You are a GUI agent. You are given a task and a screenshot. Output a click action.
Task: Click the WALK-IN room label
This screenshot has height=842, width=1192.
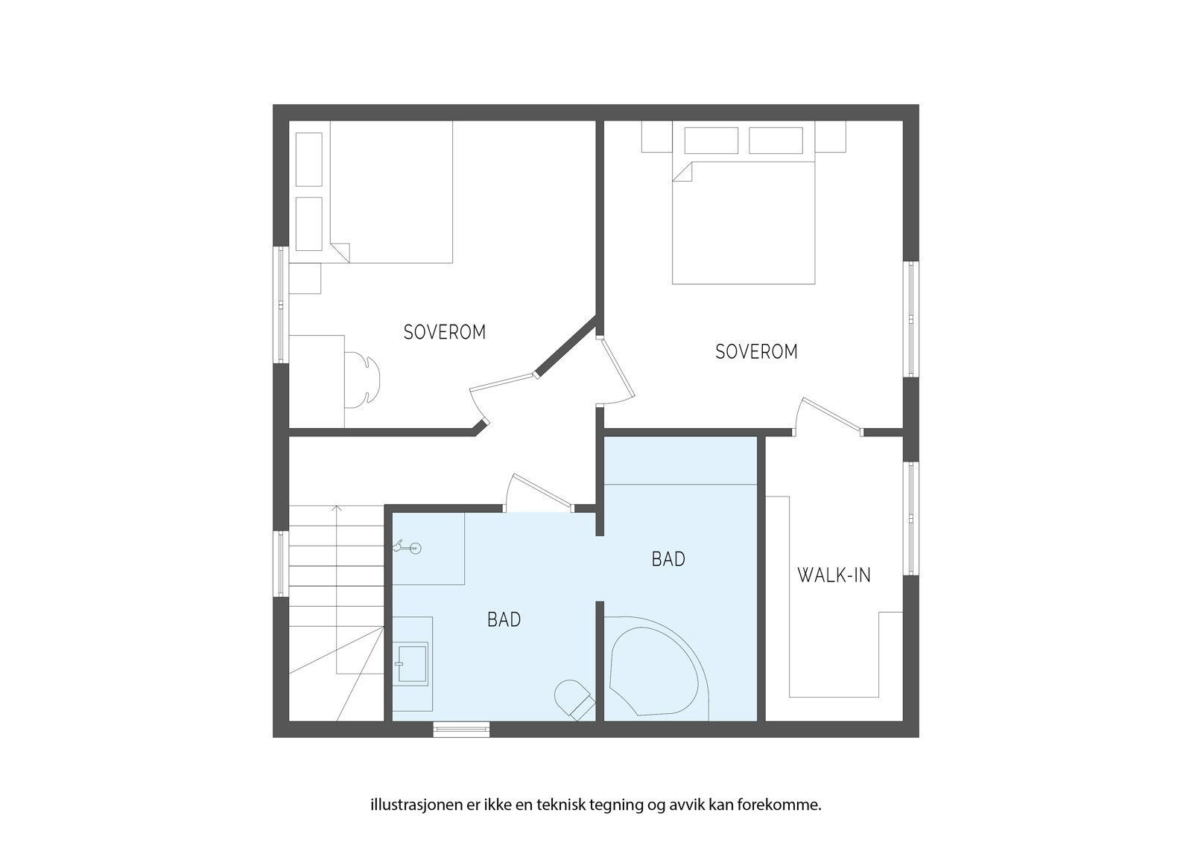[834, 575]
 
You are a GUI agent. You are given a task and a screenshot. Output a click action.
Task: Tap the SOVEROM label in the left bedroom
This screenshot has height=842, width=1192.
[444, 332]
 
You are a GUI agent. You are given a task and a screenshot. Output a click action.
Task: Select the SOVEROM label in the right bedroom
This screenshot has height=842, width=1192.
[756, 351]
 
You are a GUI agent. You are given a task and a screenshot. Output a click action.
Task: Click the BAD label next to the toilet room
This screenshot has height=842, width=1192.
[504, 619]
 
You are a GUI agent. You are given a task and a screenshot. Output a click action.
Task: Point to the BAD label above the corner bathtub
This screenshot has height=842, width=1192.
[668, 559]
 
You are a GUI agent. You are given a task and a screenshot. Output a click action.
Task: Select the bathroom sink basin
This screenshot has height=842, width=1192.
[412, 663]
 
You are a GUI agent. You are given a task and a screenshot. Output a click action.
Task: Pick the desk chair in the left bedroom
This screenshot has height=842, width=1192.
[365, 380]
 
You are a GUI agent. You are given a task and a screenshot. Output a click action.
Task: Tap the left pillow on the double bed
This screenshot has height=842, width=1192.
[711, 140]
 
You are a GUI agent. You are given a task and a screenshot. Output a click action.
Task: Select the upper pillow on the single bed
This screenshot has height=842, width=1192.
[309, 159]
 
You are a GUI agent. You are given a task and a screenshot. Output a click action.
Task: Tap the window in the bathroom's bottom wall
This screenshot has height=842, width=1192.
[462, 730]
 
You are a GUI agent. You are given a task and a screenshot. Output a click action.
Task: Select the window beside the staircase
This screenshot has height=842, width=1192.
[281, 563]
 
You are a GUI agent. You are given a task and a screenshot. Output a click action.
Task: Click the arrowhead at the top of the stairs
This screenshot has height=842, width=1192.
[337, 508]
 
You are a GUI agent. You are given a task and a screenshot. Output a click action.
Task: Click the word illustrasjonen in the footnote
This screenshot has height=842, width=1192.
[412, 805]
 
